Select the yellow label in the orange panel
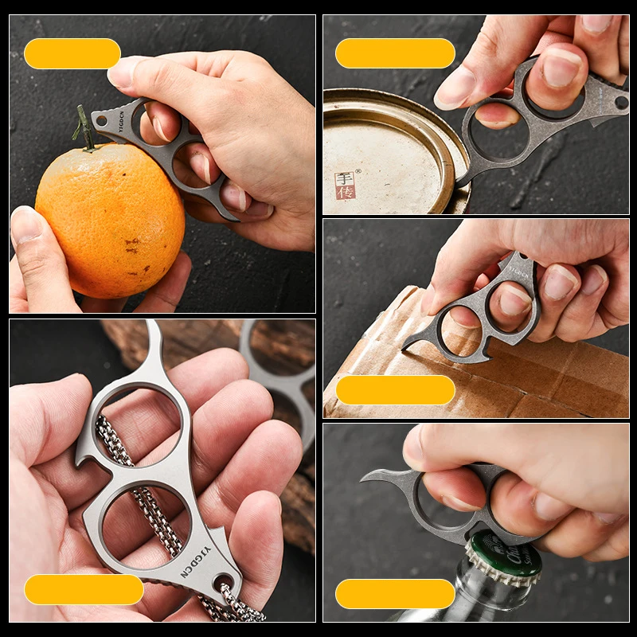(72, 53)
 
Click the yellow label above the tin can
(395, 53)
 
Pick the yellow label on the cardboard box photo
(395, 390)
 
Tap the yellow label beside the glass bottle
(395, 594)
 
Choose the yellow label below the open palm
(84, 589)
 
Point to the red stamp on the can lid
(345, 186)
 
